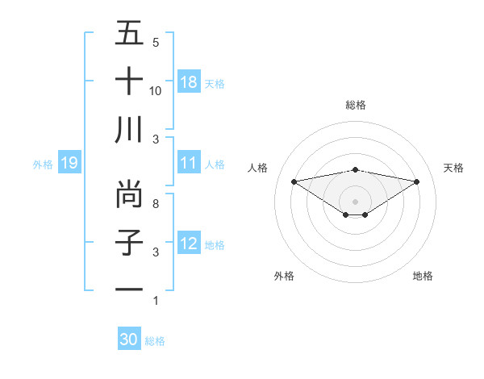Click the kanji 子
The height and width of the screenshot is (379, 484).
tap(129, 242)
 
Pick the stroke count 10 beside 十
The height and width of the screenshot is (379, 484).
tap(156, 91)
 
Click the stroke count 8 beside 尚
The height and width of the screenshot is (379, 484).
tap(156, 204)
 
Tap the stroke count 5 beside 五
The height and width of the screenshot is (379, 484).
tap(156, 43)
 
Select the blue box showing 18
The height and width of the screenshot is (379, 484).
tap(189, 81)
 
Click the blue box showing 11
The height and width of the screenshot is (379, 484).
tap(189, 163)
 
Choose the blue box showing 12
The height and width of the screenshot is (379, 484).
tap(189, 244)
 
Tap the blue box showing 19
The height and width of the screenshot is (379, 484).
tap(69, 164)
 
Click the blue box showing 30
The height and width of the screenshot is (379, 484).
tap(129, 339)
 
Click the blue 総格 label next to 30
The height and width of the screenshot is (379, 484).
tap(155, 341)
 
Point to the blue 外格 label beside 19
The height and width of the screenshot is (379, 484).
tap(43, 165)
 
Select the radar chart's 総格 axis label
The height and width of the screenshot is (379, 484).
tap(355, 105)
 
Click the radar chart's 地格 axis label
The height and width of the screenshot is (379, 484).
tap(423, 276)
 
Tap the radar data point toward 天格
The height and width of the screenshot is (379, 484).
tap(416, 181)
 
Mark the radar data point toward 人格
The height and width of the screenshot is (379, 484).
tap(294, 181)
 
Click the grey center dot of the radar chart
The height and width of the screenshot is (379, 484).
tap(355, 201)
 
